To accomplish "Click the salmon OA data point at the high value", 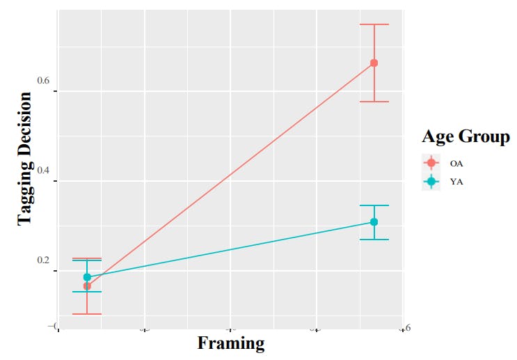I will (374, 63).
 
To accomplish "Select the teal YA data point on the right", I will (374, 222).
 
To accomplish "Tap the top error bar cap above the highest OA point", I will (374, 24).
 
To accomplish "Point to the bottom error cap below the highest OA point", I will (374, 102).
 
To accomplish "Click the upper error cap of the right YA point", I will (374, 205).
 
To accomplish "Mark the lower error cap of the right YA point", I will (374, 240).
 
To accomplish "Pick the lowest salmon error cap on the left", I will (87, 314).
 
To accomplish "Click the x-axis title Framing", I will (231, 343).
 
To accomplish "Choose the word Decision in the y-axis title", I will (25, 120).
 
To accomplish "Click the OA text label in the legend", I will (456, 163).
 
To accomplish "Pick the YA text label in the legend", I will (456, 182).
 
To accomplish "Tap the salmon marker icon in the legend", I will (431, 163).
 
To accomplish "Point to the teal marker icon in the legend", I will (431, 182).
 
